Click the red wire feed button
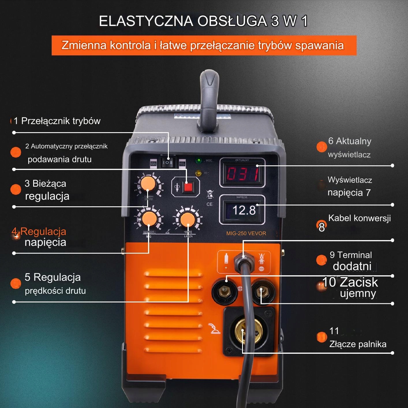point(188,187)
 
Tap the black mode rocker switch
point(167,162)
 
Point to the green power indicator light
point(199,160)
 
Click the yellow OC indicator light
point(198,173)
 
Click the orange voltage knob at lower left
point(149,218)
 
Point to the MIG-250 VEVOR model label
point(246,233)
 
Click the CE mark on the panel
point(209,204)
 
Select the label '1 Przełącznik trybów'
point(57,121)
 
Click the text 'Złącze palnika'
point(358,344)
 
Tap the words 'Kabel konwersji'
point(360,218)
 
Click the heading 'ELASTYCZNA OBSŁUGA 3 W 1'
point(203,21)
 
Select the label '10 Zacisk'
point(350,282)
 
